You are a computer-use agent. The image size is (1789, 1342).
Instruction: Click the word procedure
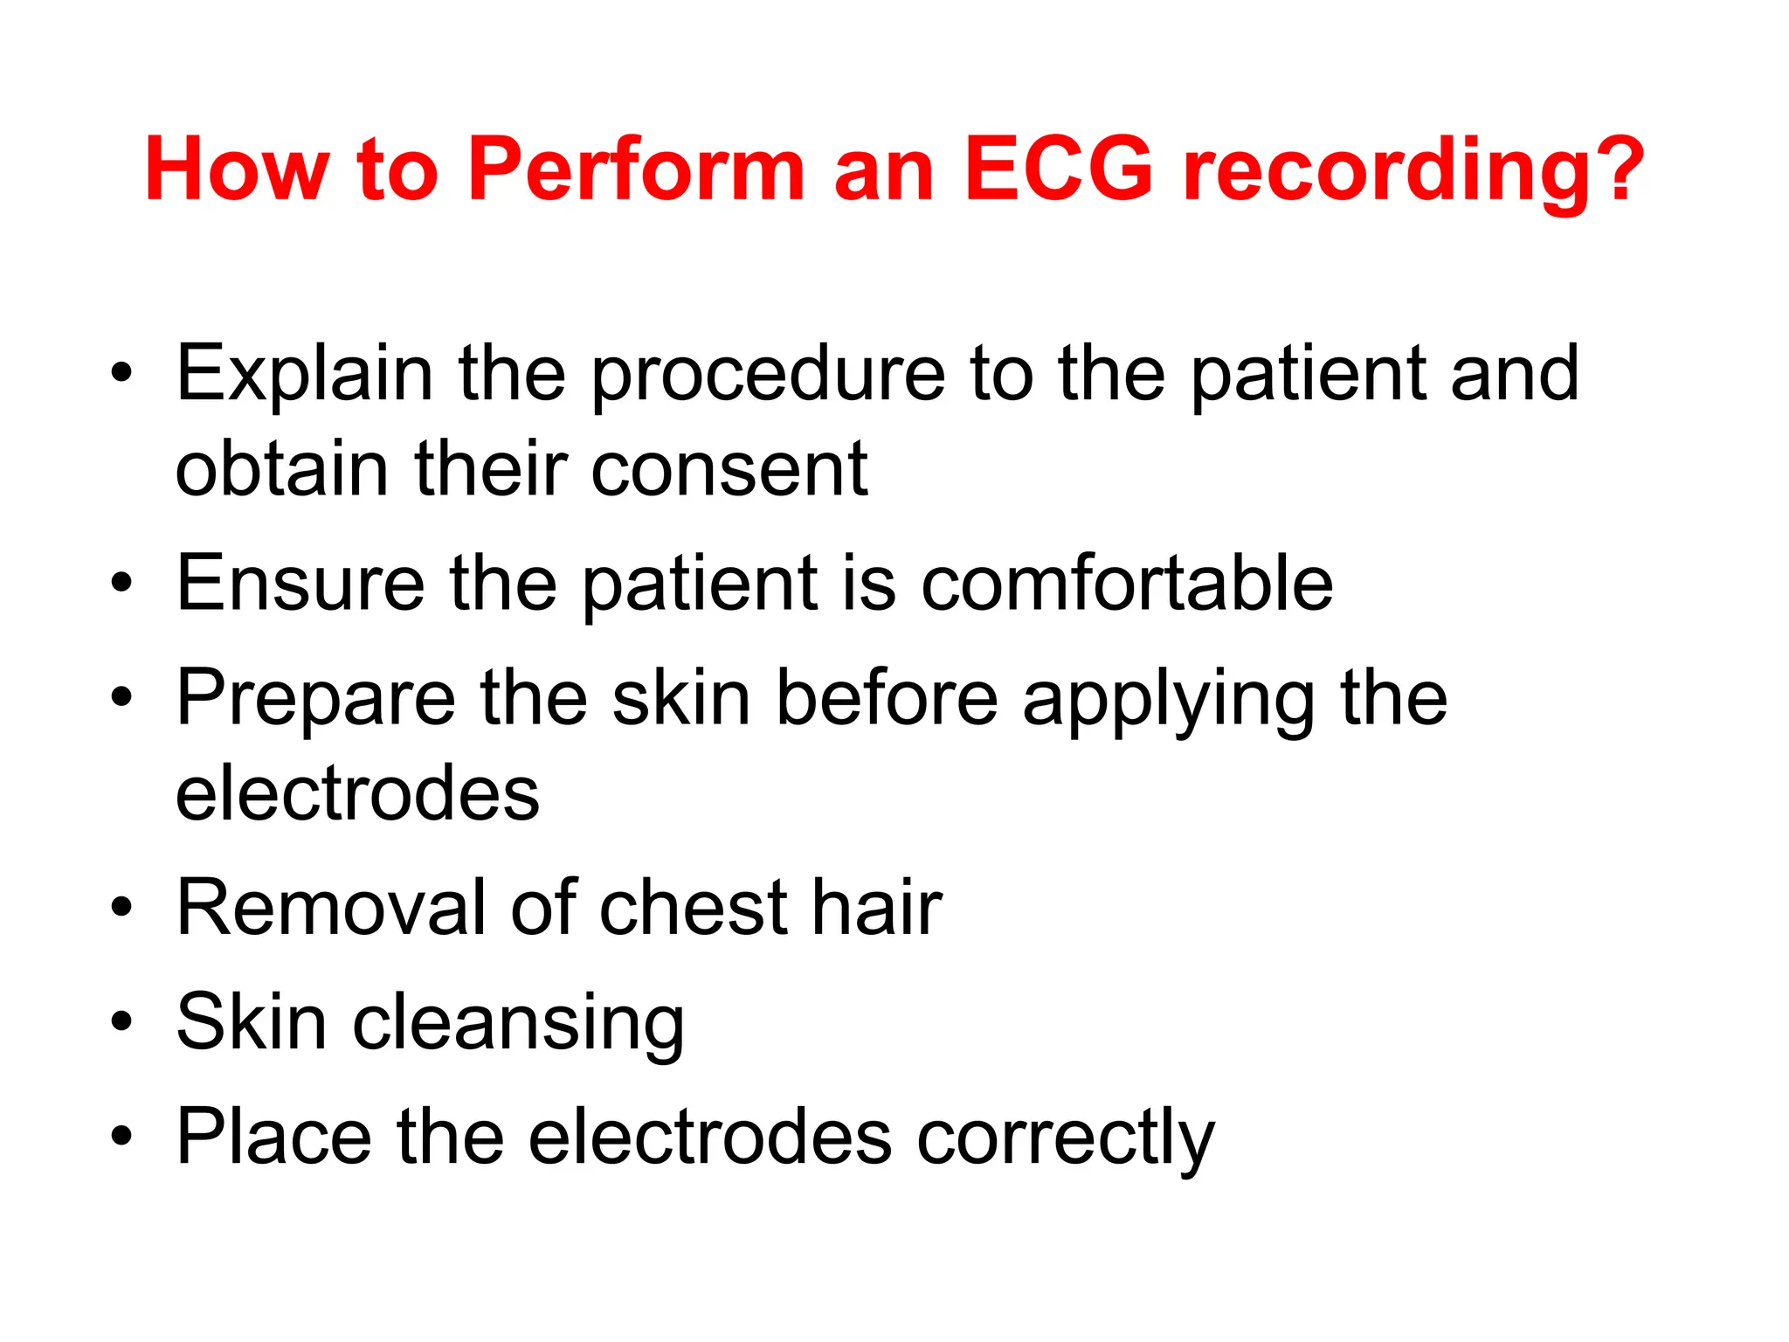pos(768,374)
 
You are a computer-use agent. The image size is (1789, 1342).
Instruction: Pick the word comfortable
pos(1127,583)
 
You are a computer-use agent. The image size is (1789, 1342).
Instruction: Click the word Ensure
pos(300,583)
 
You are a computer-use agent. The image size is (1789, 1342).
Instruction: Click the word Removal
pos(329,908)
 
